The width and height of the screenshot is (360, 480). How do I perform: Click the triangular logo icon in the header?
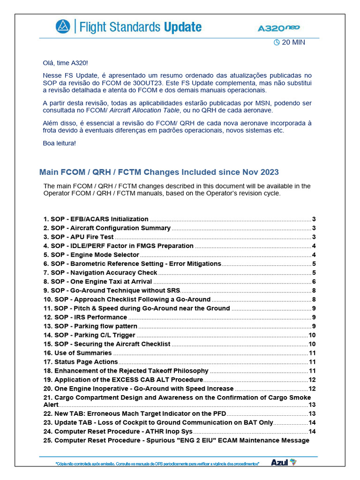(x=62, y=27)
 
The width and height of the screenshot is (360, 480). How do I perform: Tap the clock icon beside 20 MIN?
(x=277, y=42)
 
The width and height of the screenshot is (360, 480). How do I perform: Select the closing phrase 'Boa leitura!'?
(x=59, y=143)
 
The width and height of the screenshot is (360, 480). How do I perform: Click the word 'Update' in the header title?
(x=183, y=27)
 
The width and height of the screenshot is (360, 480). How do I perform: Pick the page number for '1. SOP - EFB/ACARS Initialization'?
(x=314, y=219)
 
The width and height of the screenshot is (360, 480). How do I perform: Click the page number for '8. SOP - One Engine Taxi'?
(x=314, y=282)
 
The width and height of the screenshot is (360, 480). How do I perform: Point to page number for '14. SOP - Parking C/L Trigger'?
(x=312, y=335)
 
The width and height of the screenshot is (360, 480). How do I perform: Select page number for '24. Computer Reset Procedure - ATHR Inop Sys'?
(x=312, y=431)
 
